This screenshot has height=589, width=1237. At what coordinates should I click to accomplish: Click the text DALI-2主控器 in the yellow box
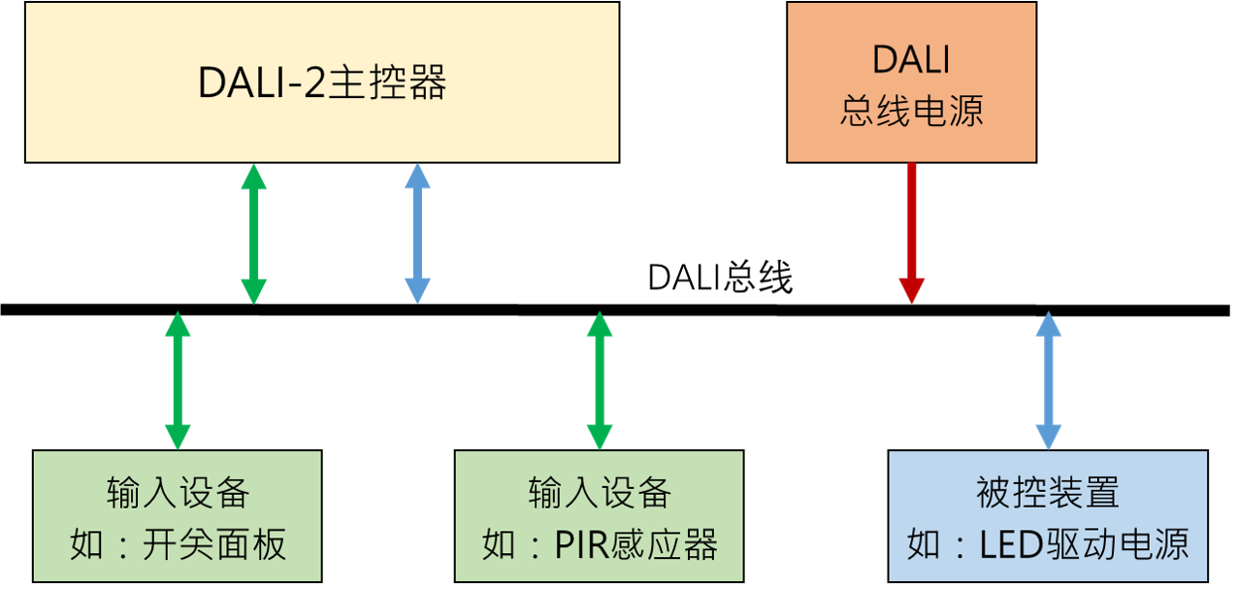[x=321, y=84]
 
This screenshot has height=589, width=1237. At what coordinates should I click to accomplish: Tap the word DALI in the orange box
[x=911, y=60]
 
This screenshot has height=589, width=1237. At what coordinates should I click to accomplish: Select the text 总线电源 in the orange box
[x=911, y=111]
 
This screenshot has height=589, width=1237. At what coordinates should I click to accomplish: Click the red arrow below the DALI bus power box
[x=912, y=233]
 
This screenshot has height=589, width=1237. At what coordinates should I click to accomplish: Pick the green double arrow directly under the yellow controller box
[x=253, y=234]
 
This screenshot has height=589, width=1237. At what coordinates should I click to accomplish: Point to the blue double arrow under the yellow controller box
[x=417, y=234]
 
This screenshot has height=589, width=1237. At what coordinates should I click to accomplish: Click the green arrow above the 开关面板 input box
[x=178, y=380]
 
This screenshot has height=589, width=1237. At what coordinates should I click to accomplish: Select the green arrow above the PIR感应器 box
[x=600, y=380]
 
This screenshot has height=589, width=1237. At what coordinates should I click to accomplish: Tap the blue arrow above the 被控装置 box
[x=1049, y=380]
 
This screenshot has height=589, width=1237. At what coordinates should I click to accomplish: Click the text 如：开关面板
[x=178, y=545]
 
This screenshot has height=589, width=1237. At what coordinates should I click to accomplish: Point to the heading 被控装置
[x=1048, y=493]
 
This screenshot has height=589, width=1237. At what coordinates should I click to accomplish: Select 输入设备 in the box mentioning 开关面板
[x=178, y=493]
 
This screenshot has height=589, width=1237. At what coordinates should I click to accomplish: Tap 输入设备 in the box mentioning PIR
[x=600, y=493]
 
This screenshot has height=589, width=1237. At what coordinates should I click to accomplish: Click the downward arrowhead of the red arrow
[x=912, y=290]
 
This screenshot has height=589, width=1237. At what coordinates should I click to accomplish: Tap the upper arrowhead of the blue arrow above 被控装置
[x=1049, y=324]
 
